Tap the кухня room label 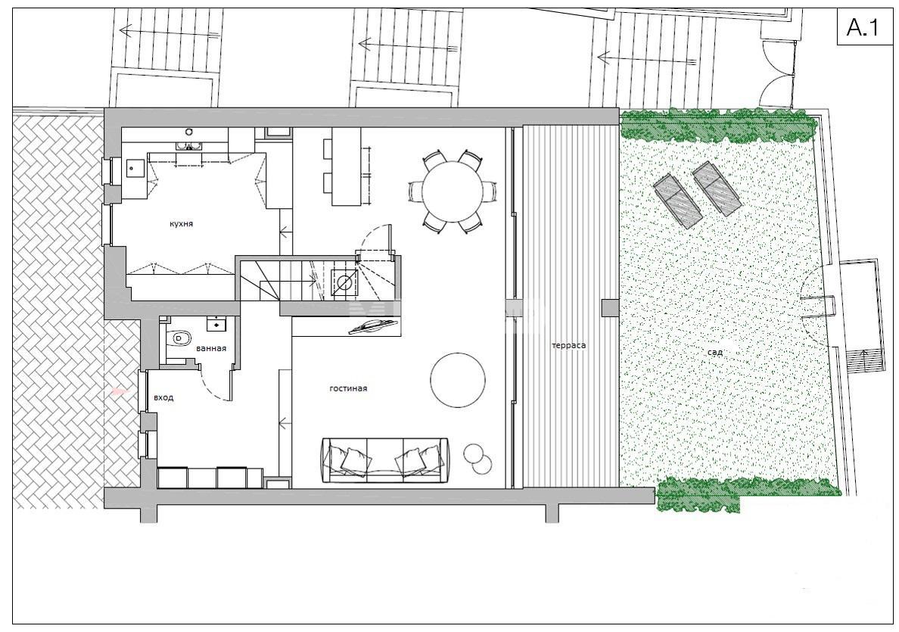tap(181, 224)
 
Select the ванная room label tap(211, 348)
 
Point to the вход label tap(163, 397)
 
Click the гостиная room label tap(348, 388)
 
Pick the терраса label tap(569, 345)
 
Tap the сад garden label tap(715, 352)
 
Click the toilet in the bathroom tap(179, 338)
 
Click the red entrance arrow tap(119, 392)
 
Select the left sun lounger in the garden tap(679, 201)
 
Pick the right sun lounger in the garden tap(717, 188)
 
